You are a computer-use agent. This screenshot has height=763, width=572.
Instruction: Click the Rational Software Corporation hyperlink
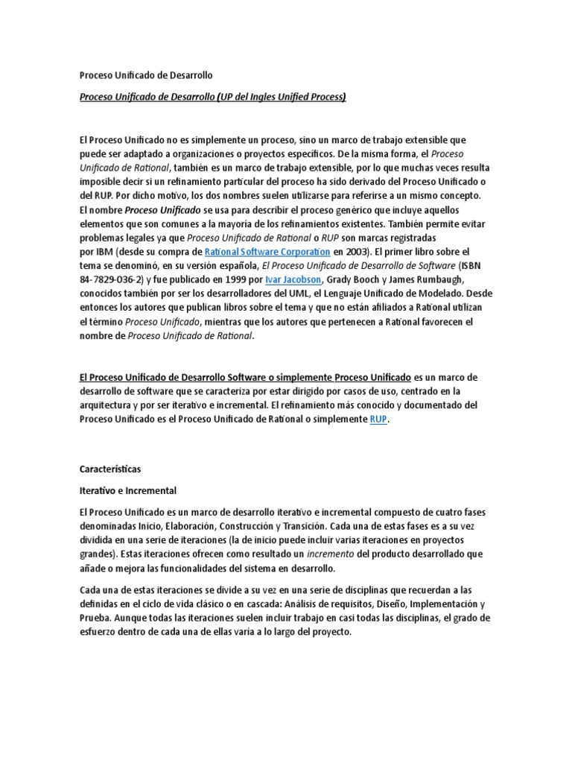(x=267, y=252)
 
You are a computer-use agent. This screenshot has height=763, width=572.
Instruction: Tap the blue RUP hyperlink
(x=379, y=420)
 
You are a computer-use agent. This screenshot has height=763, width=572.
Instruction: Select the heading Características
(x=109, y=469)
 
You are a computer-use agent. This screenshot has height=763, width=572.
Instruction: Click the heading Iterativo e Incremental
(x=127, y=491)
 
